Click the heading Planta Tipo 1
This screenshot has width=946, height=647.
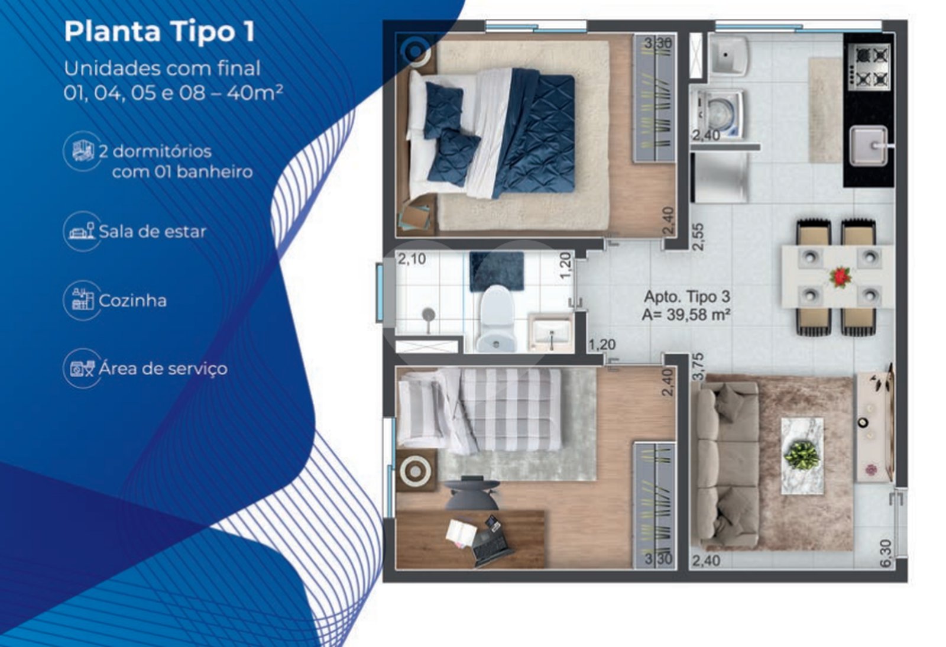(x=160, y=32)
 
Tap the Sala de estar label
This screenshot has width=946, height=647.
(x=153, y=231)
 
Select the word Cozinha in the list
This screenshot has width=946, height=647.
(x=132, y=300)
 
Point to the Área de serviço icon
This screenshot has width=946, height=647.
(x=82, y=368)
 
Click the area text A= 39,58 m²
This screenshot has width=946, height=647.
(x=686, y=315)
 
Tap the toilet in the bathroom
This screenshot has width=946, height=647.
(x=497, y=319)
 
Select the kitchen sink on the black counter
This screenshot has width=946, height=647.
(x=869, y=146)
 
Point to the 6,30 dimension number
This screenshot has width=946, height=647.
(x=886, y=553)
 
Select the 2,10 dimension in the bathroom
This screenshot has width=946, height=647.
(x=412, y=259)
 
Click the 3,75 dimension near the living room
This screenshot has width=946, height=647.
(x=698, y=366)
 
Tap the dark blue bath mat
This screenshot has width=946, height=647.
(x=497, y=271)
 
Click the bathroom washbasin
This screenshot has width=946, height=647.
(x=550, y=332)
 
